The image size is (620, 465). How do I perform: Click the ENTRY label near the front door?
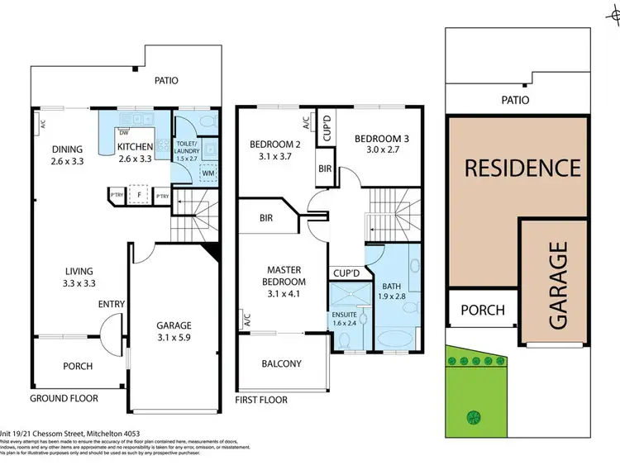coord(112,305)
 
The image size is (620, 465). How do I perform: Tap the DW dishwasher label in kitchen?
coord(123,132)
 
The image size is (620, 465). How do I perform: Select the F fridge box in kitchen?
coord(141,196)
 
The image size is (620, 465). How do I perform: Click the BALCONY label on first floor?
coord(281,363)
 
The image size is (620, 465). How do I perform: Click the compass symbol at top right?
coord(612,12)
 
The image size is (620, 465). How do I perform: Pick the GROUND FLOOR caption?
coord(64,398)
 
